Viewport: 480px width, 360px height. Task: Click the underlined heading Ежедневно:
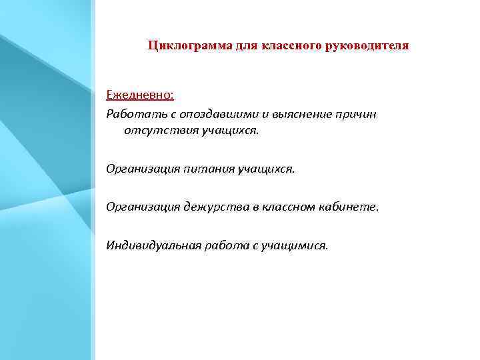140,95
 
